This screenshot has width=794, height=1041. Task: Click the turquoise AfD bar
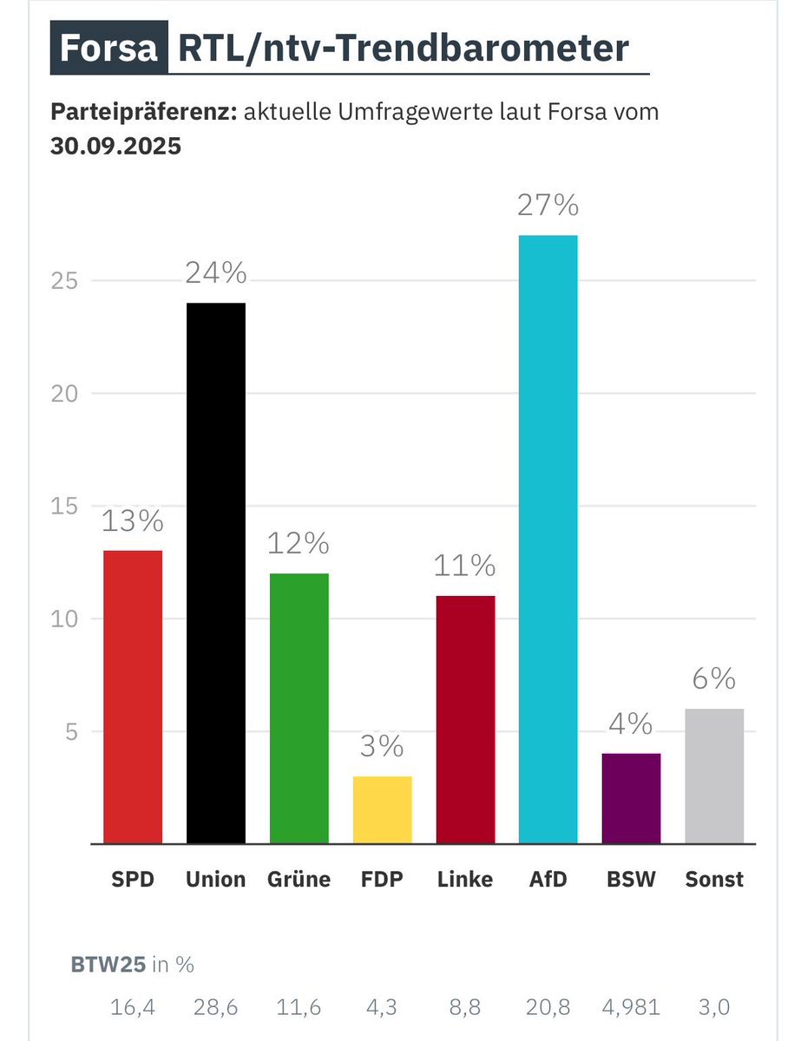[x=548, y=538]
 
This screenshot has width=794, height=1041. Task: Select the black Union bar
[x=216, y=573]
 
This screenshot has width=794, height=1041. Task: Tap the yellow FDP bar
[x=382, y=809]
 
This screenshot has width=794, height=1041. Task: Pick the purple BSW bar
[x=631, y=798]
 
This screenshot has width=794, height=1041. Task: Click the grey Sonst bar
[x=714, y=776]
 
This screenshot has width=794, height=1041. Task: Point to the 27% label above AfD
[x=548, y=206]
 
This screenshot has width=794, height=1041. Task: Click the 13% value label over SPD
[x=133, y=520]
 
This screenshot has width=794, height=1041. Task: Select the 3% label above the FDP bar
[x=382, y=746]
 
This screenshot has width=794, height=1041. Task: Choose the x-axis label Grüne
[x=299, y=879]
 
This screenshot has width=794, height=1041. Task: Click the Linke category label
[x=464, y=879]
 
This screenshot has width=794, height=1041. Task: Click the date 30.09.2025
[x=115, y=146]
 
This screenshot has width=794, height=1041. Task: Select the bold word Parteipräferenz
[x=144, y=113]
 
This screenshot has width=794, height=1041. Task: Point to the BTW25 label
[x=108, y=964]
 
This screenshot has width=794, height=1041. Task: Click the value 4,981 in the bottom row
[x=632, y=1007]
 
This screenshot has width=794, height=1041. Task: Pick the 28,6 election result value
[x=216, y=1007]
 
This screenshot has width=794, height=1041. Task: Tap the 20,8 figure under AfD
[x=548, y=1007]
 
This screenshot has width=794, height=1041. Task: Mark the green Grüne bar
[x=299, y=708]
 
